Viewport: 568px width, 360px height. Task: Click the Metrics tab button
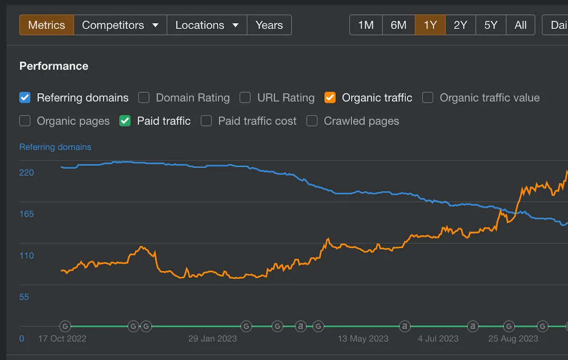click(x=47, y=25)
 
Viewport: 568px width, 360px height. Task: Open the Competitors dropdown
click(x=120, y=25)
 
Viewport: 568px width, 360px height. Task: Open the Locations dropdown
click(x=207, y=25)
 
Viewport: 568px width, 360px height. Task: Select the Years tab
click(x=269, y=25)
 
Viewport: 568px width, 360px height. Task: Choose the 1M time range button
click(x=366, y=25)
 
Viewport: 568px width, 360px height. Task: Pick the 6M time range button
click(x=399, y=25)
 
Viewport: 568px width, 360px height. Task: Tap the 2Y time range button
click(x=461, y=25)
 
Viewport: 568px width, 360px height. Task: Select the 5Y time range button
click(x=491, y=25)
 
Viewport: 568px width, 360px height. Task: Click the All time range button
click(x=521, y=25)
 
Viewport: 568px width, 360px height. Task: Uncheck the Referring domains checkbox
click(x=25, y=98)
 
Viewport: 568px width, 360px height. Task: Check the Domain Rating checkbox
click(x=144, y=98)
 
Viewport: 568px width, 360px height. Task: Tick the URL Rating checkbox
click(x=245, y=98)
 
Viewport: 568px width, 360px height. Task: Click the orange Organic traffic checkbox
click(x=330, y=98)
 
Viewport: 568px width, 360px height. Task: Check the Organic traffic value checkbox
click(x=427, y=98)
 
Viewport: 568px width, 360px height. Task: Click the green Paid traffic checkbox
click(x=125, y=121)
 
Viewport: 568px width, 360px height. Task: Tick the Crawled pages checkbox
click(x=312, y=121)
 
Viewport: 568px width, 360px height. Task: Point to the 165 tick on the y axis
click(x=27, y=214)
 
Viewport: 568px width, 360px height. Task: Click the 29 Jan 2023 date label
click(x=213, y=338)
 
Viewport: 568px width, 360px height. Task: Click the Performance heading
click(x=54, y=66)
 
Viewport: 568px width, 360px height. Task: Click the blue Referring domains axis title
click(x=55, y=147)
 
